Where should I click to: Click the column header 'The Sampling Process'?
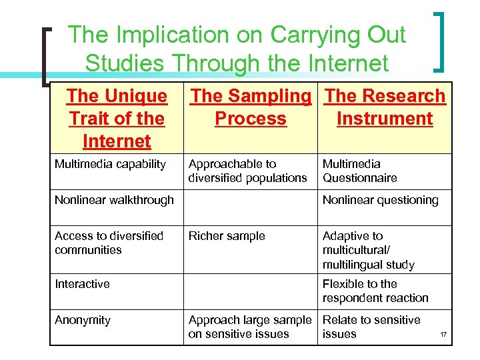coord(251,107)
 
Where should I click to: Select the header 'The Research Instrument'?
coord(385,107)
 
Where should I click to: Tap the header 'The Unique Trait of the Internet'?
coord(117,119)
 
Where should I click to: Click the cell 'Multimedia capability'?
coord(110,164)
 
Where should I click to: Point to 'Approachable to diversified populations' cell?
coord(247,171)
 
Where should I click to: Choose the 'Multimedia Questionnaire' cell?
coord(359,171)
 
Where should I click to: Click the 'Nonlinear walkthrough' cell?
coord(114,200)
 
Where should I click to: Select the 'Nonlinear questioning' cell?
coord(380,200)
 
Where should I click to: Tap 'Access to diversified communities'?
coord(109,243)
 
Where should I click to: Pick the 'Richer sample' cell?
coord(227,236)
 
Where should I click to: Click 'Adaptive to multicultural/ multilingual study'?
coord(368,250)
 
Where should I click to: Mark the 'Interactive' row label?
coord(82,284)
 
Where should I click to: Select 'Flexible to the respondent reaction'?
coord(375,291)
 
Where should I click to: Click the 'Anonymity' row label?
coord(83,320)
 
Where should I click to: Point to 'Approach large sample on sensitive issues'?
coord(250,327)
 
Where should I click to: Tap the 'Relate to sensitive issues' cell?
coord(371,327)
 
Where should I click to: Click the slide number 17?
coord(443,334)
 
